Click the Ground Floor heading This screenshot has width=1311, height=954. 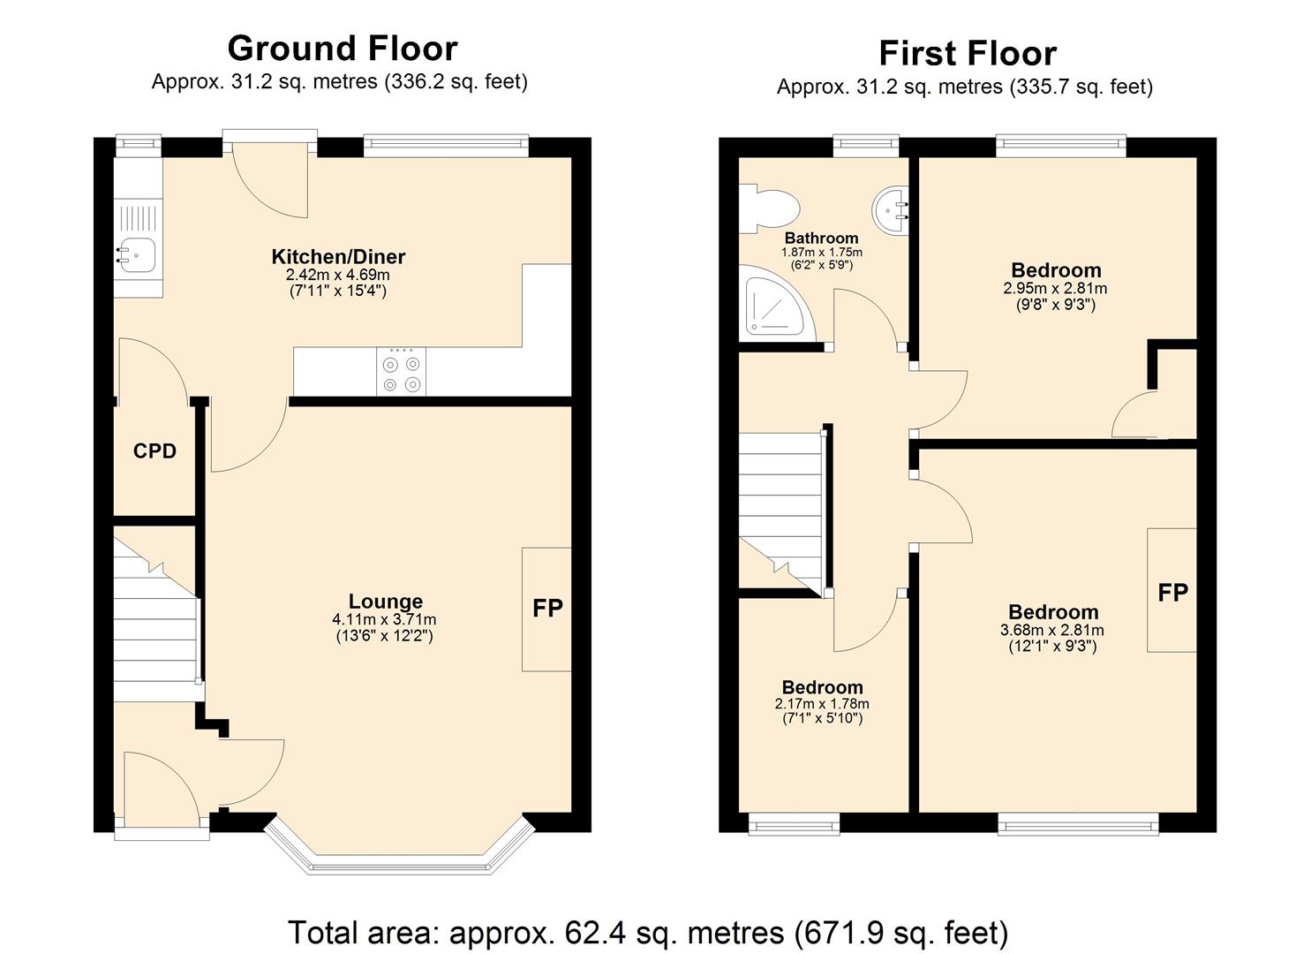343,48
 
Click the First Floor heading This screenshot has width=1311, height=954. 967,53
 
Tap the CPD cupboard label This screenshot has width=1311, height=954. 154,451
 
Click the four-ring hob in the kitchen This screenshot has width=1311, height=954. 401,372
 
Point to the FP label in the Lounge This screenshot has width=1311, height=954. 547,608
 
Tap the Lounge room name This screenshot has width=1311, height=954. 385,602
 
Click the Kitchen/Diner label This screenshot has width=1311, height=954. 338,257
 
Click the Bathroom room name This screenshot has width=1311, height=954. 821,238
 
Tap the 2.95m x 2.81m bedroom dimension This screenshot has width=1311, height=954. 1055,289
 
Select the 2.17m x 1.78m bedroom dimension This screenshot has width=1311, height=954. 822,704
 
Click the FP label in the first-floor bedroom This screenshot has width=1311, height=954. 1172,592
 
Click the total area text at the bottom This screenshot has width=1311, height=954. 647,932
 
